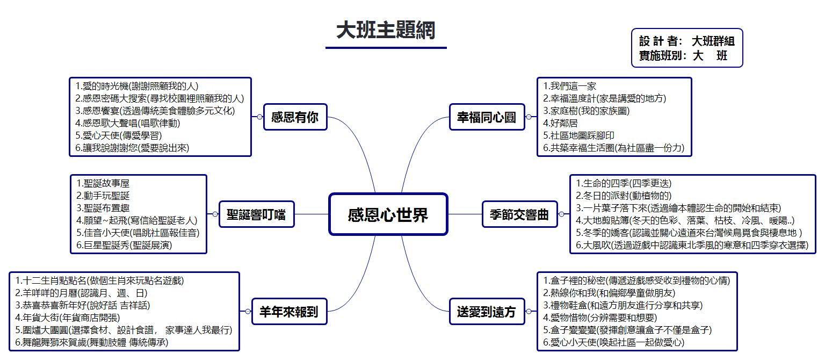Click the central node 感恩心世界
pos(388,214)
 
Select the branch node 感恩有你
pos(295,117)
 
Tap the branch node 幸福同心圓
pos(487,117)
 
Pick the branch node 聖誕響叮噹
pos(256,214)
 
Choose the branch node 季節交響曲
pos(520,214)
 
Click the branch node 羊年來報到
pos(289,311)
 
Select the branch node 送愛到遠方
pos(487,311)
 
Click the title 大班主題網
pos(386,30)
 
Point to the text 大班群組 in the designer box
pos(713,41)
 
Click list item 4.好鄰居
pos(560,123)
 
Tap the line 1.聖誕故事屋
pos(103,183)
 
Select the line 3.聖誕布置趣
pos(103,208)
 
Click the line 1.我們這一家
pos(569,86)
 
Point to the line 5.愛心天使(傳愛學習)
pos(119,135)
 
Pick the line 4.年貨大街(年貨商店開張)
pos(67,318)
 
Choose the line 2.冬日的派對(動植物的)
pos(624,196)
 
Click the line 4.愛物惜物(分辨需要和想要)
pos(600,318)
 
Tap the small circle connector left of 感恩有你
pos(259,117)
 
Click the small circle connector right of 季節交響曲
pos(562,214)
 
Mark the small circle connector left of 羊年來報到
pos(248,311)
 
